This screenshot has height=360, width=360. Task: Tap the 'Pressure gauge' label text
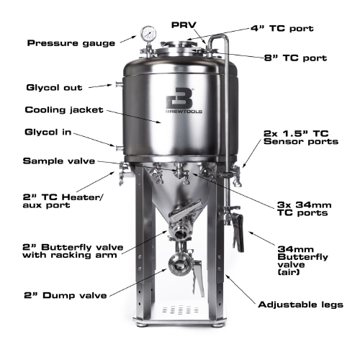(x=71, y=43)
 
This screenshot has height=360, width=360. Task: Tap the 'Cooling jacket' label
(x=64, y=110)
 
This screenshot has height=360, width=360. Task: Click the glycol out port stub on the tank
(x=114, y=85)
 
